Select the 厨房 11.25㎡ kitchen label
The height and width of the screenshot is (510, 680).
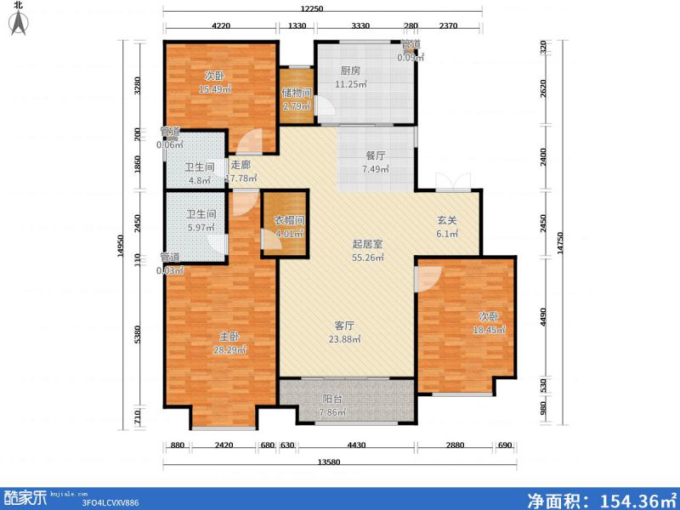351,78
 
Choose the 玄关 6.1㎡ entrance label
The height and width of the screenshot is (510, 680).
447,227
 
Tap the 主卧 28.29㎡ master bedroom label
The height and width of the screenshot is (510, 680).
229,343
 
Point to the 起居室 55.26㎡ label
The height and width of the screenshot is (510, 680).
368,250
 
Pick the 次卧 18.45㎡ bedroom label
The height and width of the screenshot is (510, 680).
490,323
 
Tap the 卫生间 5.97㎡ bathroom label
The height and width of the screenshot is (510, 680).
201,221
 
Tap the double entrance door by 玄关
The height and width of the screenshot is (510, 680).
447,180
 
